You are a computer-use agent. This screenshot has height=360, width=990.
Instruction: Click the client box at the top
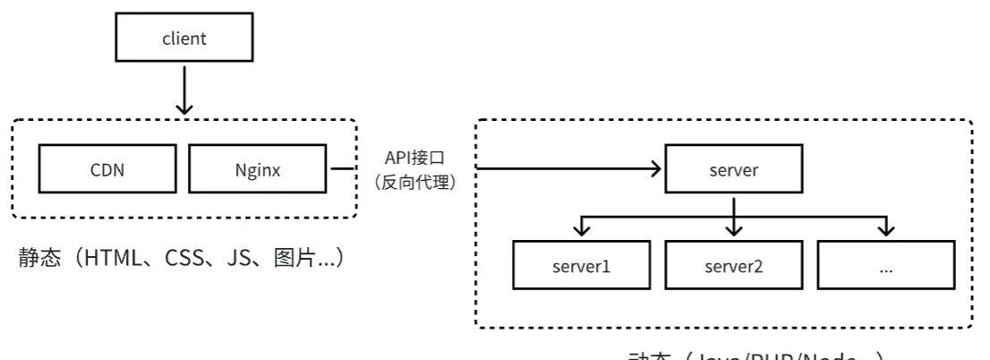point(184,39)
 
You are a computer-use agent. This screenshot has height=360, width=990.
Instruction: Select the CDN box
point(107,169)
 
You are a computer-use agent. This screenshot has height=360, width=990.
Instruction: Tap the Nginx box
point(257,169)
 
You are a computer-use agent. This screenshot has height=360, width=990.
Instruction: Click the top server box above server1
point(733,169)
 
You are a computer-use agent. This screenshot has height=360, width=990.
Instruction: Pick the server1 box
point(581,266)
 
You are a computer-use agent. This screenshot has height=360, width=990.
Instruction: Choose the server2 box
point(733,266)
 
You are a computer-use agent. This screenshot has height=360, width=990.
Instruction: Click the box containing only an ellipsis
point(886,266)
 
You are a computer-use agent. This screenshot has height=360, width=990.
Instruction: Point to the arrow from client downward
point(184,90)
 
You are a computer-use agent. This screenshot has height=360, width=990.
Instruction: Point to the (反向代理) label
point(414,182)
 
